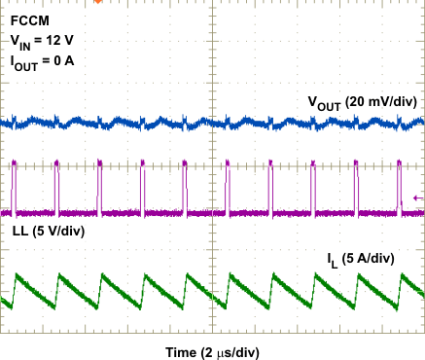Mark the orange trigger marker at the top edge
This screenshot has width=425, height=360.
(97, 3)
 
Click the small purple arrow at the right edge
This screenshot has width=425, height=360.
(417, 198)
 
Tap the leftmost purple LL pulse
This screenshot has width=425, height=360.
(15, 185)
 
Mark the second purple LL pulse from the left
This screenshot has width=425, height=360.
(56, 185)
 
